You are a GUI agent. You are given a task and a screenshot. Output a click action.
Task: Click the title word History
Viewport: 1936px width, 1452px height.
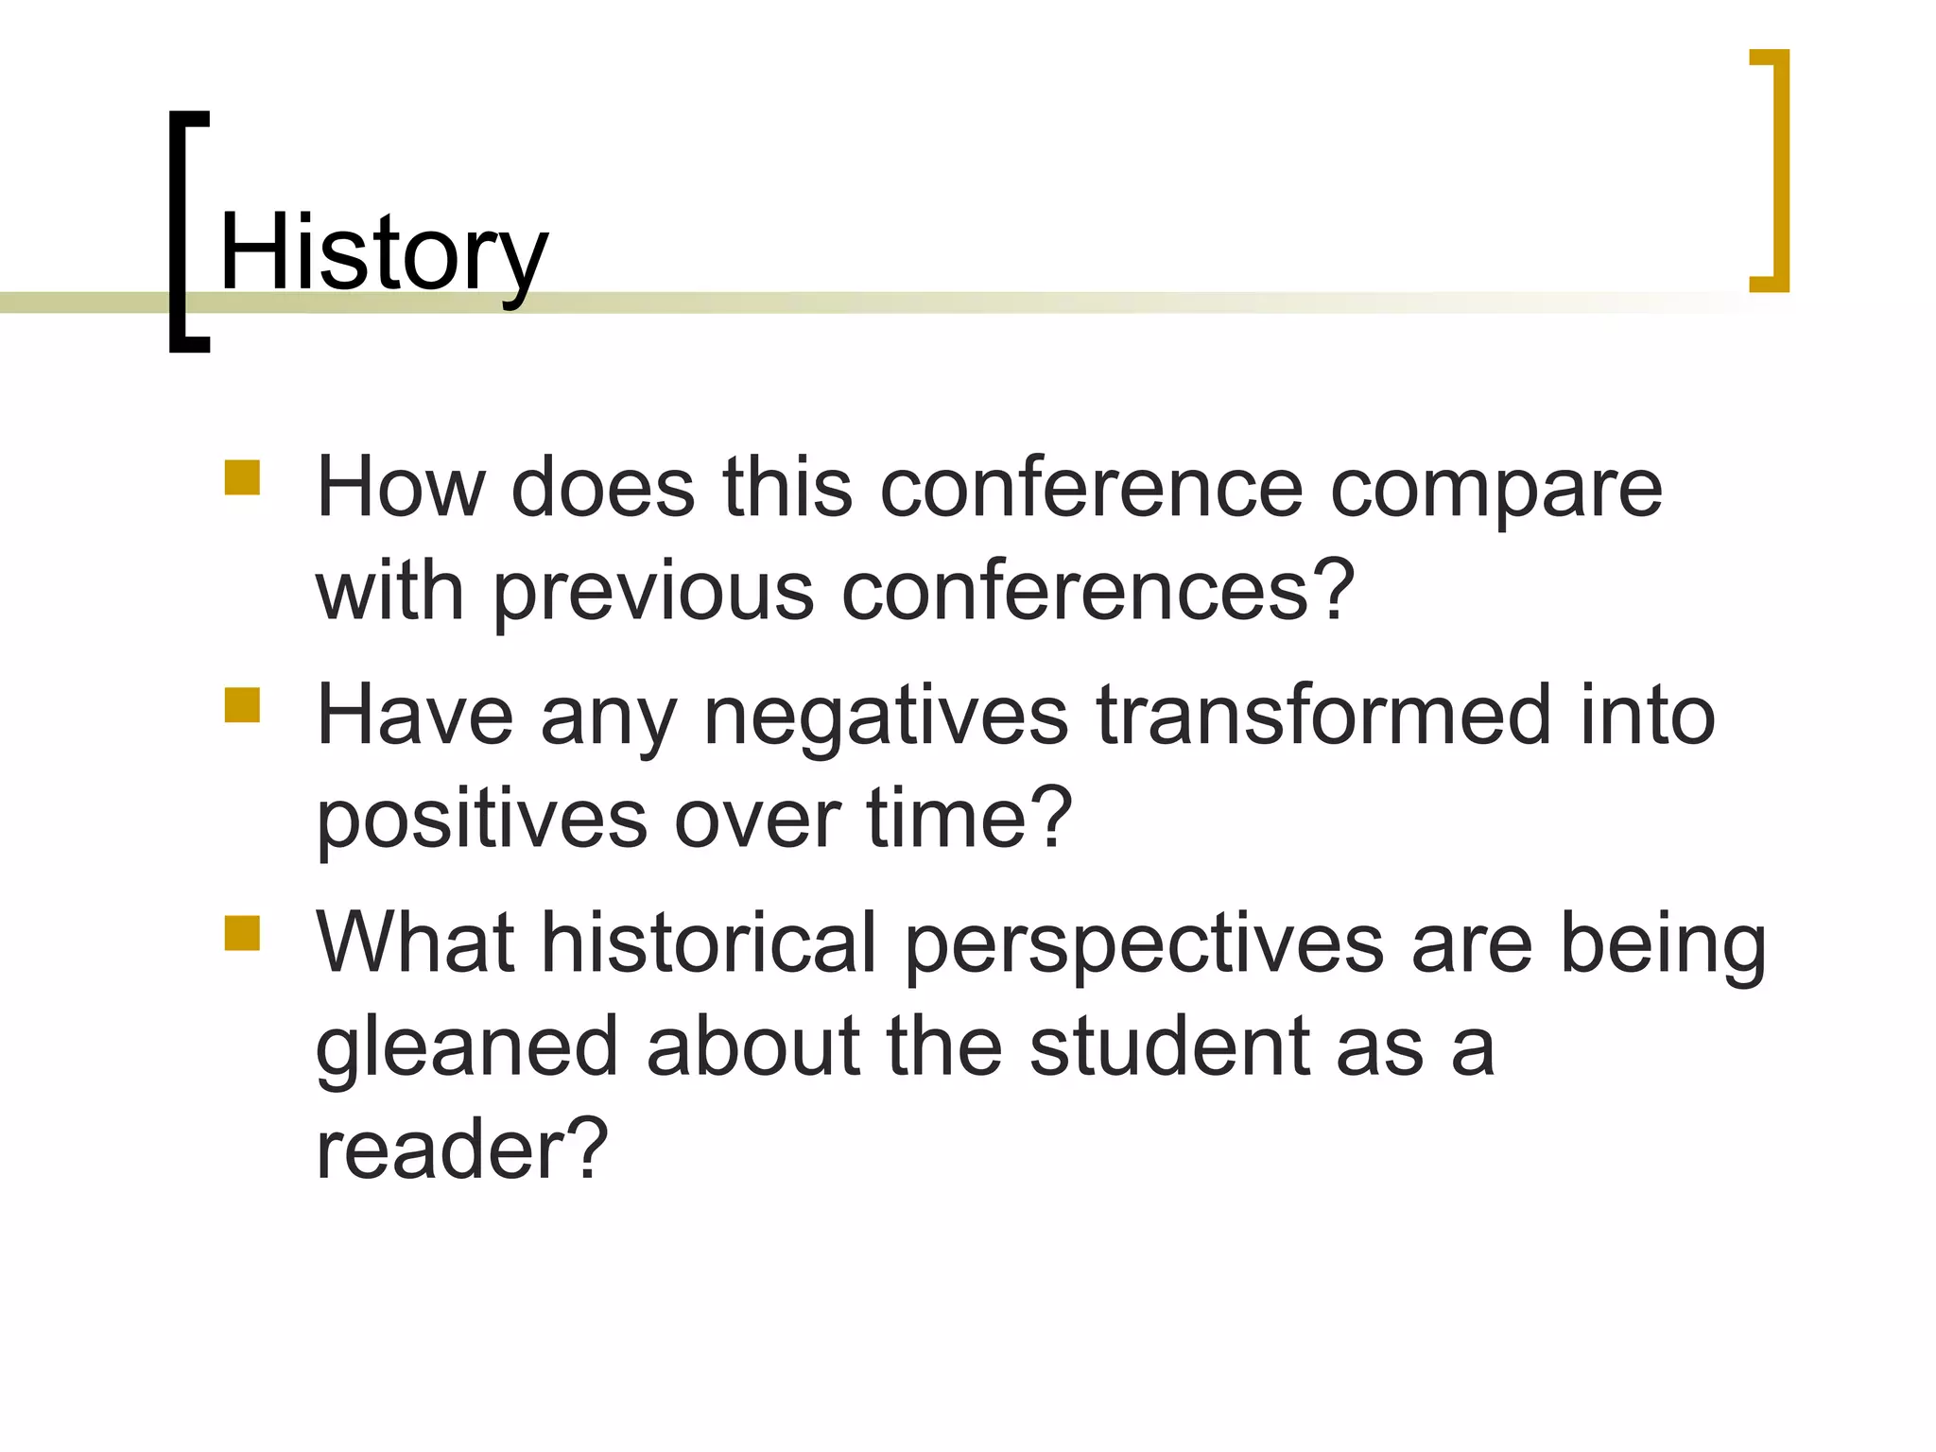click(x=383, y=252)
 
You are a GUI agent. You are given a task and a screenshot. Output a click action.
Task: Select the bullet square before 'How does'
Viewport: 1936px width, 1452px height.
click(x=242, y=477)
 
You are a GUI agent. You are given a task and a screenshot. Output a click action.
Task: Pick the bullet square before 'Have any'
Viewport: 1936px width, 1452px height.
click(x=242, y=705)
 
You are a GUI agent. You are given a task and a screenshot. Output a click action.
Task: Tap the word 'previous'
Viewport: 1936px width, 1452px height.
click(x=653, y=594)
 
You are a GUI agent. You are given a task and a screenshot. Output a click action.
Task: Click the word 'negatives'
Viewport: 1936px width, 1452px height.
click(x=886, y=717)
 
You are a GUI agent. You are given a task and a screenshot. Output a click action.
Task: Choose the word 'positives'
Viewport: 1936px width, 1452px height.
click(x=482, y=821)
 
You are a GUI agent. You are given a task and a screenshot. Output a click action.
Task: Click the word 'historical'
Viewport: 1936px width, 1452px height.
click(x=709, y=942)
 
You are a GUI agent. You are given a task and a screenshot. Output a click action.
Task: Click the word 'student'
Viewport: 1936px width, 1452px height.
click(x=1169, y=1046)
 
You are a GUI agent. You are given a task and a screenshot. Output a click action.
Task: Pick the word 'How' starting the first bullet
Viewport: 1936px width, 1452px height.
click(x=400, y=489)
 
